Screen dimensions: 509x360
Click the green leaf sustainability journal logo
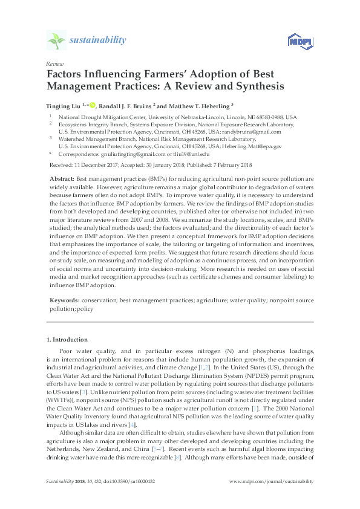click(57, 41)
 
